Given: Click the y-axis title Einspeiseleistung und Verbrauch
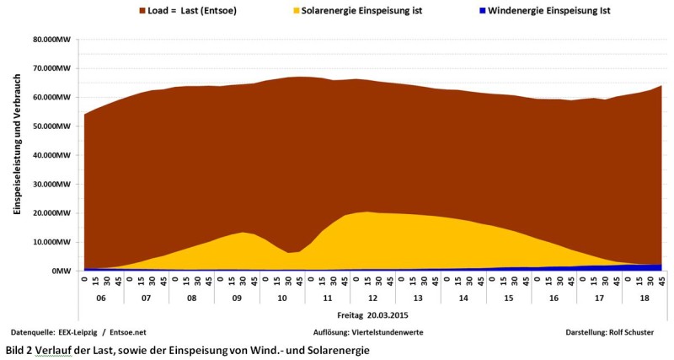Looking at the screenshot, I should pyautogui.click(x=17, y=155).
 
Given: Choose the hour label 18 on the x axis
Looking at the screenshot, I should pyautogui.click(x=645, y=298).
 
